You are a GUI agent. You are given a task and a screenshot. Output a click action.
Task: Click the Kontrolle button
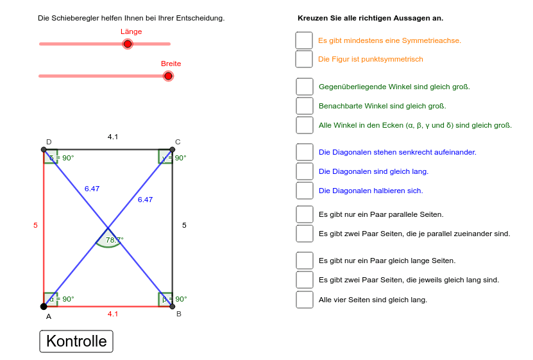point(76,341)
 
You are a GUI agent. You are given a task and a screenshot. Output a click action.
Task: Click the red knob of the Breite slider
point(168,76)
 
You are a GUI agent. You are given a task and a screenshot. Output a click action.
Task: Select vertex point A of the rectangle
point(44,306)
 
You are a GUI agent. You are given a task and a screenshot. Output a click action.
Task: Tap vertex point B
point(173,306)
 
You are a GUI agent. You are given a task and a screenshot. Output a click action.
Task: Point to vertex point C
point(173,150)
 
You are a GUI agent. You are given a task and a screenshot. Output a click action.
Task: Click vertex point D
point(44,150)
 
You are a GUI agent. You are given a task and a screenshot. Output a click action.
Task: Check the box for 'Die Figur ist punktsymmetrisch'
point(304,59)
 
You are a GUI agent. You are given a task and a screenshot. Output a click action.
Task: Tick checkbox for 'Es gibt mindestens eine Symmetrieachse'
point(304,40)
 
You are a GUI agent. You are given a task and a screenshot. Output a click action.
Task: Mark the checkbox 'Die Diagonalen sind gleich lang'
point(305,171)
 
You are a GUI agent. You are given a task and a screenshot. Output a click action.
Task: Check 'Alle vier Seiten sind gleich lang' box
point(305,300)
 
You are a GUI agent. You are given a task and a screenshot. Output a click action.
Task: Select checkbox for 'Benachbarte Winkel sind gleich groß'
point(305,106)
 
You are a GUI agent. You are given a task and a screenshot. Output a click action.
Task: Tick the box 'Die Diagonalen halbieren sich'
point(305,191)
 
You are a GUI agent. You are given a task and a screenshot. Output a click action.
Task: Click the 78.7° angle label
point(114,239)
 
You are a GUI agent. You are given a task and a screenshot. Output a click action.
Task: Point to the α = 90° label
point(62,299)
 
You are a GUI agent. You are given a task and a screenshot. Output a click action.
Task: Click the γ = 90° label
point(174,157)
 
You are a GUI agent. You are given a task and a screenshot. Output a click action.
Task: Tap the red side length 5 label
point(36,225)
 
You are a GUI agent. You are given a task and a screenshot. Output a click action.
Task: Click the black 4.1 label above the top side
point(113,137)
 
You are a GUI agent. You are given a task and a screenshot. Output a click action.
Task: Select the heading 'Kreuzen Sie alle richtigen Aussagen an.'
point(370,18)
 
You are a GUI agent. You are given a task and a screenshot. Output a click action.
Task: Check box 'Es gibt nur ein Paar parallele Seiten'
point(305,214)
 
